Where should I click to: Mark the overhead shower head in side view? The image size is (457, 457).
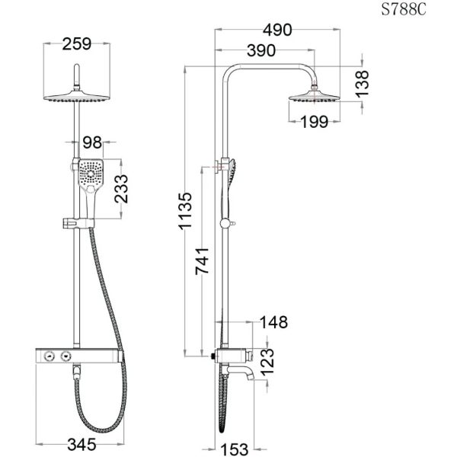click(313, 97)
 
